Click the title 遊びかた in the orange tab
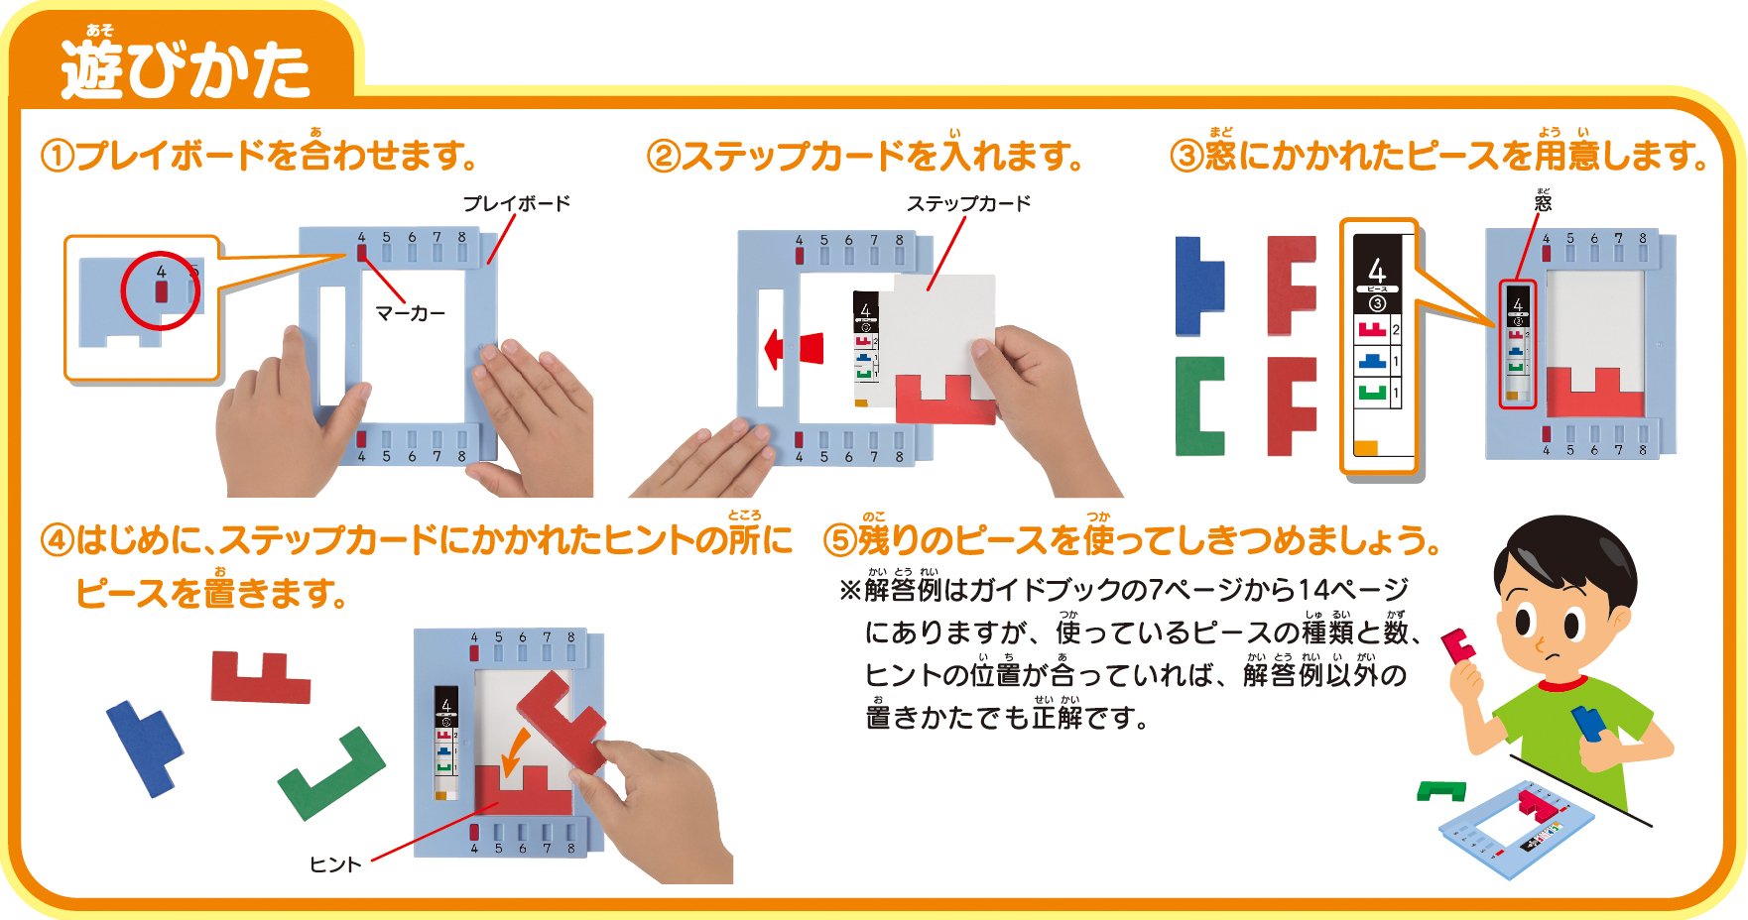185,69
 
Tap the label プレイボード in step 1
517,203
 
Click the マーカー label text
411,313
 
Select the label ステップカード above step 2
968,203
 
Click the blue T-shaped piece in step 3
1200,286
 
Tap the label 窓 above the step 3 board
1543,202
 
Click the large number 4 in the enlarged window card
1376,269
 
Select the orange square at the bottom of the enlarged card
1366,448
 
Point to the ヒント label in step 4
335,864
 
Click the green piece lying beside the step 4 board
332,773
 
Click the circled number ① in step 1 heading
58,157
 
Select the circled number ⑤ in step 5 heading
840,541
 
